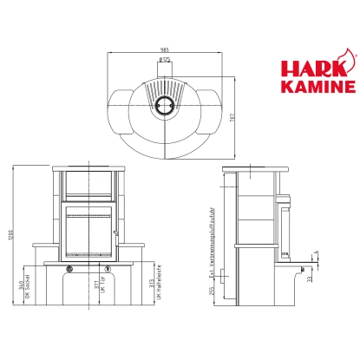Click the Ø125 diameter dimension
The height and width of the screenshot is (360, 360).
coord(164,62)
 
